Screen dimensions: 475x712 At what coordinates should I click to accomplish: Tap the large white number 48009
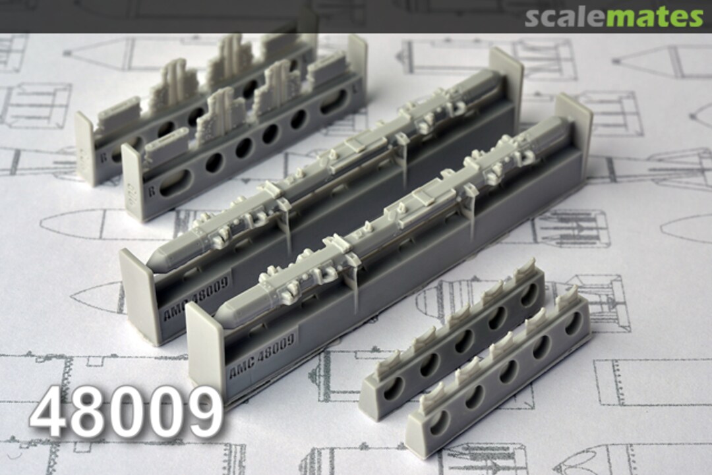click(x=126, y=412)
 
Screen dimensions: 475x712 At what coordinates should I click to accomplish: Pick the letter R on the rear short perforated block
click(x=102, y=158)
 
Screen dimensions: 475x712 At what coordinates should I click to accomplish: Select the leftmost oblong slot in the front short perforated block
click(x=174, y=182)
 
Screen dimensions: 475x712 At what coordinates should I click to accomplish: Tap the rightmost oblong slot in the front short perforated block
click(x=334, y=102)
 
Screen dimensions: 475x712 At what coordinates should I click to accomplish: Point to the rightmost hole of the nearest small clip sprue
click(x=574, y=323)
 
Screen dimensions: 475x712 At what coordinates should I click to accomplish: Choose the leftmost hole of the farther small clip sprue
click(x=394, y=390)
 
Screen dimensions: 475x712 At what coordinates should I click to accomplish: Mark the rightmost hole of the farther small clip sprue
click(x=529, y=293)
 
